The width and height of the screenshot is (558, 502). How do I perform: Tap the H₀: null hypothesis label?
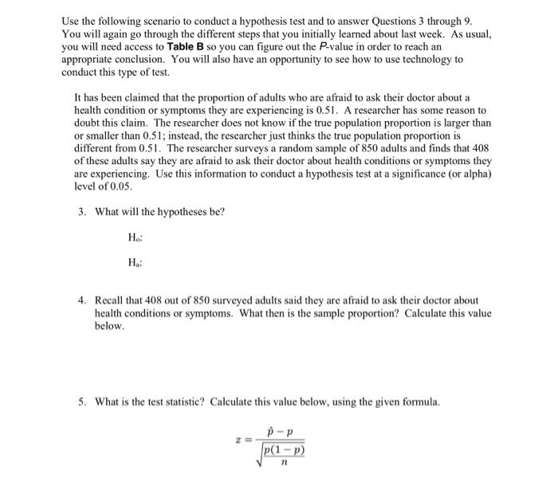click(133, 237)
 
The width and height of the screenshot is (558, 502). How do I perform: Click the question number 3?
click(81, 212)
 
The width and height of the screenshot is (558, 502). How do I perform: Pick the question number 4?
click(81, 300)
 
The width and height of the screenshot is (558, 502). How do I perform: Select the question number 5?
click(81, 401)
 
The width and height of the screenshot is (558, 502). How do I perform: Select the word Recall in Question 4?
click(109, 300)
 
